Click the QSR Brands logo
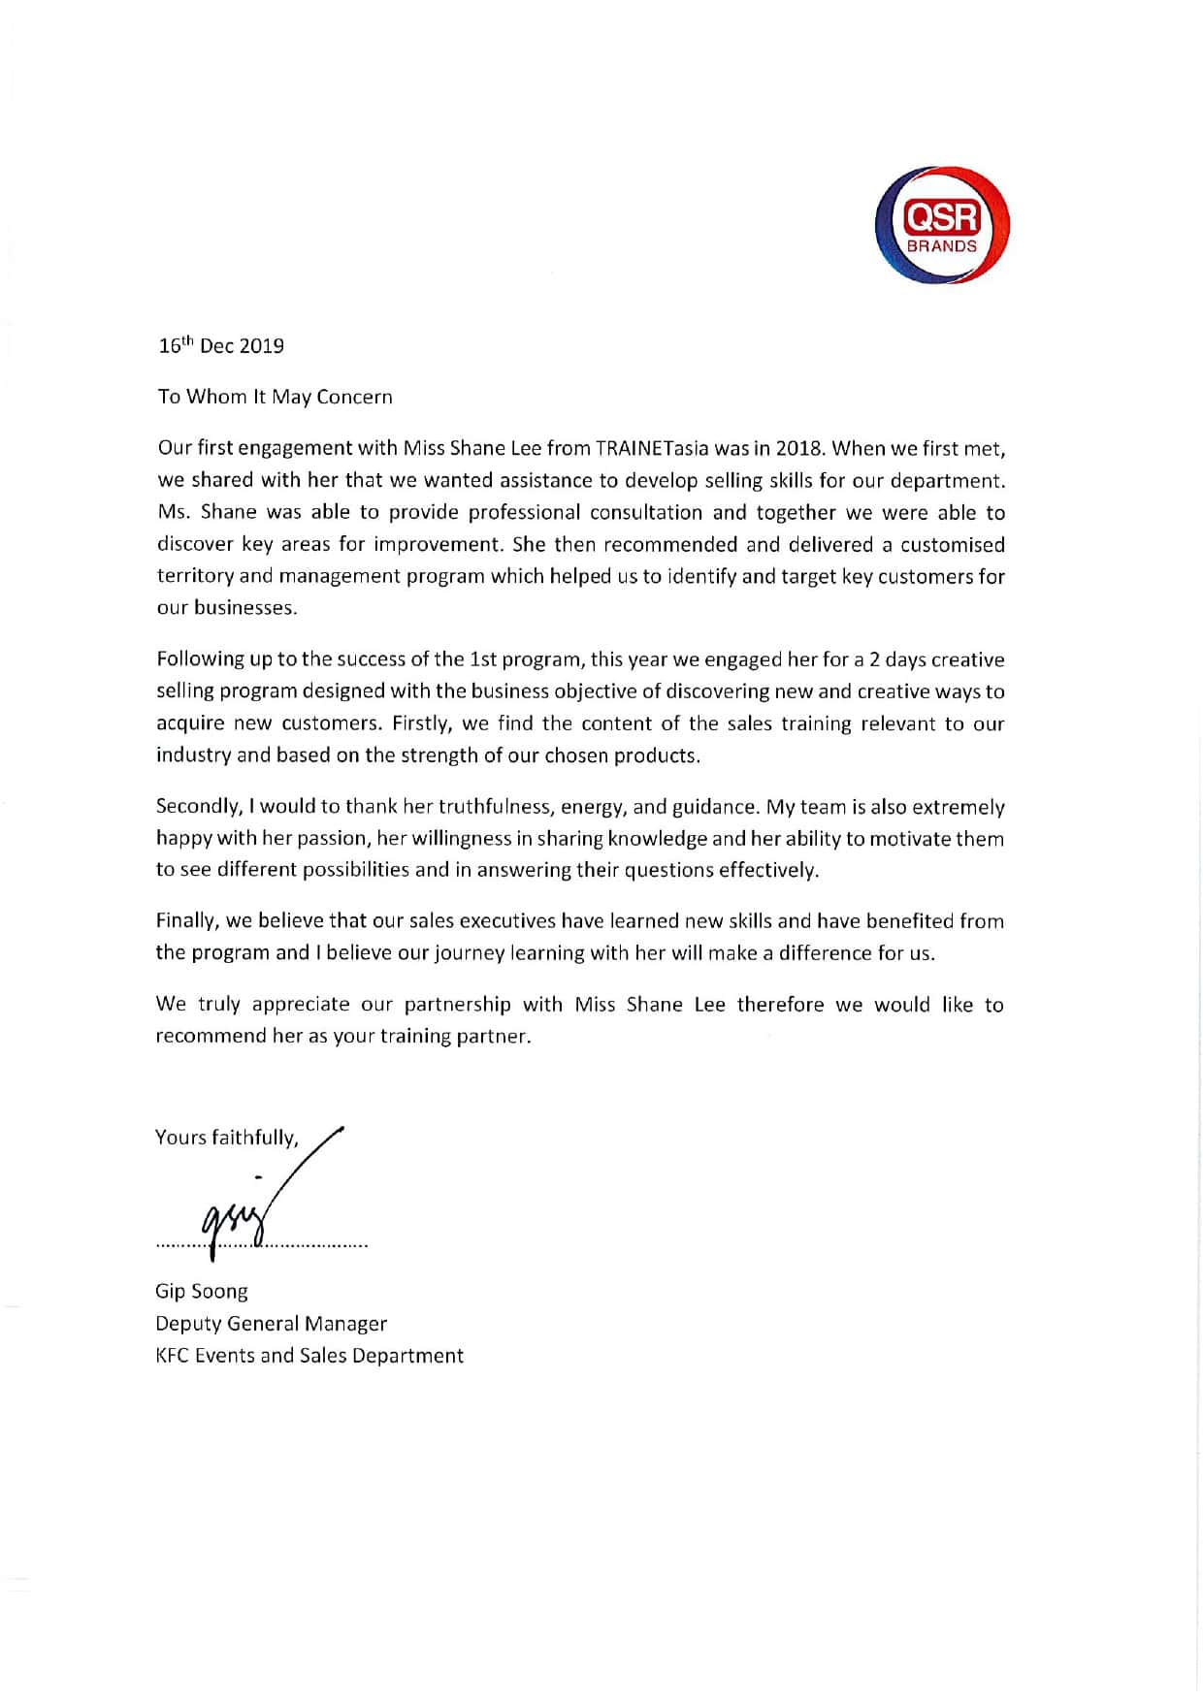(942, 225)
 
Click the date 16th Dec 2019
(221, 346)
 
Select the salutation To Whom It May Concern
(276, 397)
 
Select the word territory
(195, 576)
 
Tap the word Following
(201, 659)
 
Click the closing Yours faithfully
(227, 1138)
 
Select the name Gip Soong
(202, 1292)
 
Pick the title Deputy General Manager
(271, 1324)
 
